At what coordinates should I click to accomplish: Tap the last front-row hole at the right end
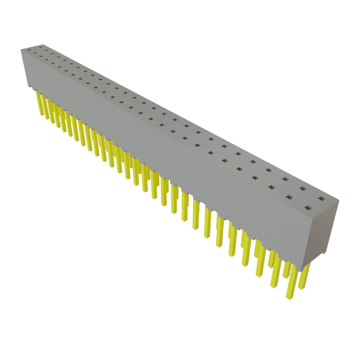[x=308, y=207]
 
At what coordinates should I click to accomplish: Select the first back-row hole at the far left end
[x=41, y=46]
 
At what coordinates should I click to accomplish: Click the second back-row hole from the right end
[x=302, y=189]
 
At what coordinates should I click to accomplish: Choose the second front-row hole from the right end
[x=289, y=197]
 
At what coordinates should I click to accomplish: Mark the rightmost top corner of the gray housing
[x=340, y=200]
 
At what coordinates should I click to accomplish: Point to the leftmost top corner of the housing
[x=21, y=50]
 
